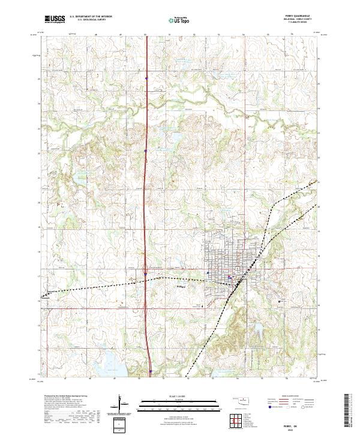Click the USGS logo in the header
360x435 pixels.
[55, 20]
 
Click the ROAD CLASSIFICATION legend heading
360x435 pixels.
[291, 397]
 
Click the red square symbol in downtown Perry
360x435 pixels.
[230, 277]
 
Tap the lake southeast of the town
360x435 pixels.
[259, 329]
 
